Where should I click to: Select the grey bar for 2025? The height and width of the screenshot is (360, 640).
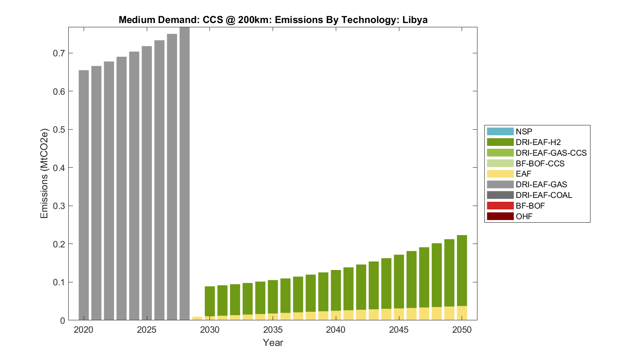pos(147,183)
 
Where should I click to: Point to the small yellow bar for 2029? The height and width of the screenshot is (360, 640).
pos(197,318)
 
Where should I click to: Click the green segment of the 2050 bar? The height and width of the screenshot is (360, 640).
pos(462,270)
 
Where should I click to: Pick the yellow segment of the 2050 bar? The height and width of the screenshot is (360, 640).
pos(462,313)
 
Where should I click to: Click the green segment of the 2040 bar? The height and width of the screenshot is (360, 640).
pos(336,290)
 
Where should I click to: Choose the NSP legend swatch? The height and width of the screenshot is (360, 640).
pos(500,131)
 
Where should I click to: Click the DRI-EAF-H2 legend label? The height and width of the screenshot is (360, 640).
pos(538,142)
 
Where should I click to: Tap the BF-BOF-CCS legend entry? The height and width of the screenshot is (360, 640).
pos(540,163)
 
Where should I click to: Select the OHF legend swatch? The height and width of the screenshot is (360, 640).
pos(500,216)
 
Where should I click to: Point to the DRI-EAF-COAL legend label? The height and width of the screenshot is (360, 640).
pos(544,195)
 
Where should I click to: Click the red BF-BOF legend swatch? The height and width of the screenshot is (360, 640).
pos(500,206)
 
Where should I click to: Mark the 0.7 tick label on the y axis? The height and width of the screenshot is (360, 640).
pos(59,53)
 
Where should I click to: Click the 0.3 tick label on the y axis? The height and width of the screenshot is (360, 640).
pos(59,206)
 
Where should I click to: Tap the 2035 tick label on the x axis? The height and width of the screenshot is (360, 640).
pos(273,330)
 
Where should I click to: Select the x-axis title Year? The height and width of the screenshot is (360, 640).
pos(273,343)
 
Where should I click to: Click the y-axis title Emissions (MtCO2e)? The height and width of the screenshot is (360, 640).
pos(44,173)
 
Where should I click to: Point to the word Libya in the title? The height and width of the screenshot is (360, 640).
pos(415,20)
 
